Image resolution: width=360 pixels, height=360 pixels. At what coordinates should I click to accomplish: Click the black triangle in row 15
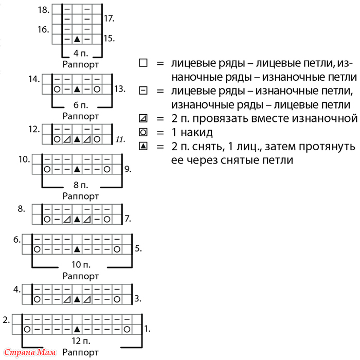click(x=77, y=39)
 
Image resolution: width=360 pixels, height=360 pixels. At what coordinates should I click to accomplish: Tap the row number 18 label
click(x=43, y=10)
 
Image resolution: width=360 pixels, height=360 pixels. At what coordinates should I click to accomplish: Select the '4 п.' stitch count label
click(x=81, y=53)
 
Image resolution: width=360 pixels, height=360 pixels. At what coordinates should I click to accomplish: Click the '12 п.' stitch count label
click(x=81, y=341)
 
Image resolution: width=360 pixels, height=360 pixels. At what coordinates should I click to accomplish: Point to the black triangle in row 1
click(x=77, y=330)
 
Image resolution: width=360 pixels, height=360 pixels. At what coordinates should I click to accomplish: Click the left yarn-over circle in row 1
click(x=27, y=330)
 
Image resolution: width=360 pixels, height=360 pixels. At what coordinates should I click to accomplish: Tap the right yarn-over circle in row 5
click(x=117, y=249)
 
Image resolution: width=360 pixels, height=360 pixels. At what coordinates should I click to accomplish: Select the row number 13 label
click(x=120, y=89)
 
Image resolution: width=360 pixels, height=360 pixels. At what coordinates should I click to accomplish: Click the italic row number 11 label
click(x=120, y=139)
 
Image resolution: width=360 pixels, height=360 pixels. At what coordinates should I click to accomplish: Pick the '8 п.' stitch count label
click(x=81, y=185)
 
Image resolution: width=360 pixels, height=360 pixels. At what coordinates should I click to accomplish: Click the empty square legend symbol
click(x=143, y=63)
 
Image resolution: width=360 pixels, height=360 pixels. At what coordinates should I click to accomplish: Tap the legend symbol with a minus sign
click(x=143, y=91)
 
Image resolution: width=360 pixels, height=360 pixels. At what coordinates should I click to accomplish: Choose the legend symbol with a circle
click(x=143, y=133)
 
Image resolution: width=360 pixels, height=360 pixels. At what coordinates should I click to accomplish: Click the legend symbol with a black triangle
click(x=143, y=146)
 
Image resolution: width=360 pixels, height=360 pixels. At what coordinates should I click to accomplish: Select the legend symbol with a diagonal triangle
click(x=143, y=118)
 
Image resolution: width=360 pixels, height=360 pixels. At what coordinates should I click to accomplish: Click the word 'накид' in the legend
click(x=196, y=133)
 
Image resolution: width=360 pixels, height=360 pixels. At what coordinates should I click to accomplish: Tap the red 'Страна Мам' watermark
click(x=30, y=352)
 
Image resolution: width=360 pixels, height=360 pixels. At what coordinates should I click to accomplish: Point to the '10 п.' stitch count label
click(x=81, y=265)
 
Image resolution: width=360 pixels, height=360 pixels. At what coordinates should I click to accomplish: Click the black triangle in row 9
click(x=77, y=169)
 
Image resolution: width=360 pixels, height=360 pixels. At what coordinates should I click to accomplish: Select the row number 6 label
click(x=17, y=240)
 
